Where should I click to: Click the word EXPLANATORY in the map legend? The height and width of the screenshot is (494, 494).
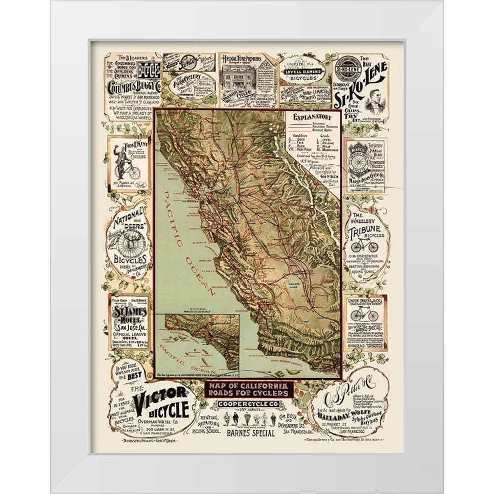[x=312, y=118]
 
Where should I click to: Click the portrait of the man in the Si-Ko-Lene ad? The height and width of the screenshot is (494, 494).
[x=376, y=101]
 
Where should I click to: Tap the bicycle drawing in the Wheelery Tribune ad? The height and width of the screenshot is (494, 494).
[x=365, y=246]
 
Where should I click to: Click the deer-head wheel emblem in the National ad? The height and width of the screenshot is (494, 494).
[x=130, y=242]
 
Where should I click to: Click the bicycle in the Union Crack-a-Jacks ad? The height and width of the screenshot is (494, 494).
[x=364, y=315]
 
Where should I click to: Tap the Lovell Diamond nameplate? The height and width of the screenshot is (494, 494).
[x=302, y=72]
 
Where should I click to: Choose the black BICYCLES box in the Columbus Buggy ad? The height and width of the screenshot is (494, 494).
[x=148, y=69]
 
